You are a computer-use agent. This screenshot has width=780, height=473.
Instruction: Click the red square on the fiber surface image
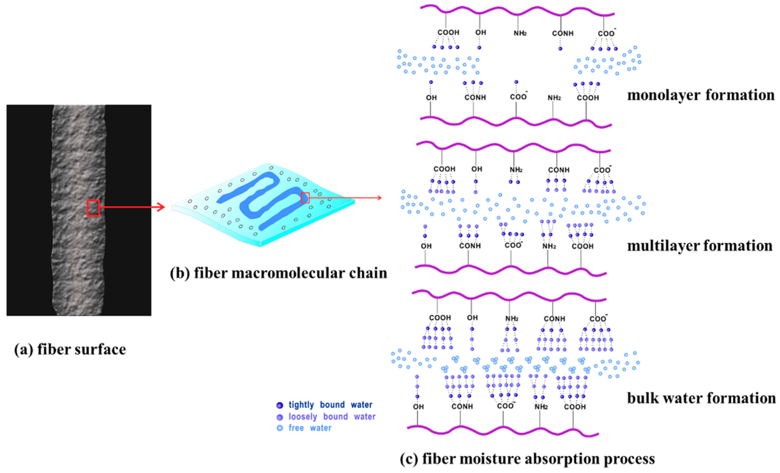tap(93, 208)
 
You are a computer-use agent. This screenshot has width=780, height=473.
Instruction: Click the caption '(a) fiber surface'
tap(70, 349)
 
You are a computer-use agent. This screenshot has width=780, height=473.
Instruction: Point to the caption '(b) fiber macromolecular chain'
tap(278, 273)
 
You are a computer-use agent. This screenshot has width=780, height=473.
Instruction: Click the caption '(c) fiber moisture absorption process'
tap(527, 458)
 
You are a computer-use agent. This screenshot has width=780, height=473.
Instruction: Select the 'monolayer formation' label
tap(701, 95)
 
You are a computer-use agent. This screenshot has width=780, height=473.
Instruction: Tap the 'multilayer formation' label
tap(700, 246)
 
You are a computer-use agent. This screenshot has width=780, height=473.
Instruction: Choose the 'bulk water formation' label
tap(702, 398)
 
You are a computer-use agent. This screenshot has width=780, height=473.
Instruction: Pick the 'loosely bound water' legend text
tap(332, 417)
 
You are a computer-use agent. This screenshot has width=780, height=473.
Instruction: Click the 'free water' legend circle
tap(279, 428)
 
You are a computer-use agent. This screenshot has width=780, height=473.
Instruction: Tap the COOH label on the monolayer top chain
tap(448, 33)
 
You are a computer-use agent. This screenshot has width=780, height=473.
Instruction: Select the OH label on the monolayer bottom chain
tap(431, 98)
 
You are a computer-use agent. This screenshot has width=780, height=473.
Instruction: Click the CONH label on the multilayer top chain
tap(559, 170)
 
